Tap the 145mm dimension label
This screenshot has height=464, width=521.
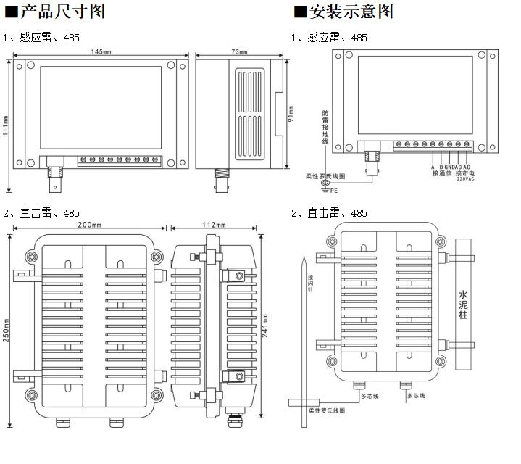click(x=102, y=52)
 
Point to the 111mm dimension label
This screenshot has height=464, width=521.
click(x=6, y=125)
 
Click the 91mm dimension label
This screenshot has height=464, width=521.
click(x=291, y=115)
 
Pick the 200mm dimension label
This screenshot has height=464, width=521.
click(x=91, y=225)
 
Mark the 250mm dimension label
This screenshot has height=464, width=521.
click(x=6, y=333)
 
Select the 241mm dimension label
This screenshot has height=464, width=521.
click(x=266, y=323)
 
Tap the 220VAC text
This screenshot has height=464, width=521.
click(x=465, y=180)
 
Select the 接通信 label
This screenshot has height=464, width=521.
click(x=441, y=173)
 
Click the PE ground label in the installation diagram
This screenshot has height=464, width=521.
click(x=334, y=191)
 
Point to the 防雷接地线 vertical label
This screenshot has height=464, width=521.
click(x=325, y=127)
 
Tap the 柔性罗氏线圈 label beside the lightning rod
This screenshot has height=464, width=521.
click(x=327, y=411)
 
